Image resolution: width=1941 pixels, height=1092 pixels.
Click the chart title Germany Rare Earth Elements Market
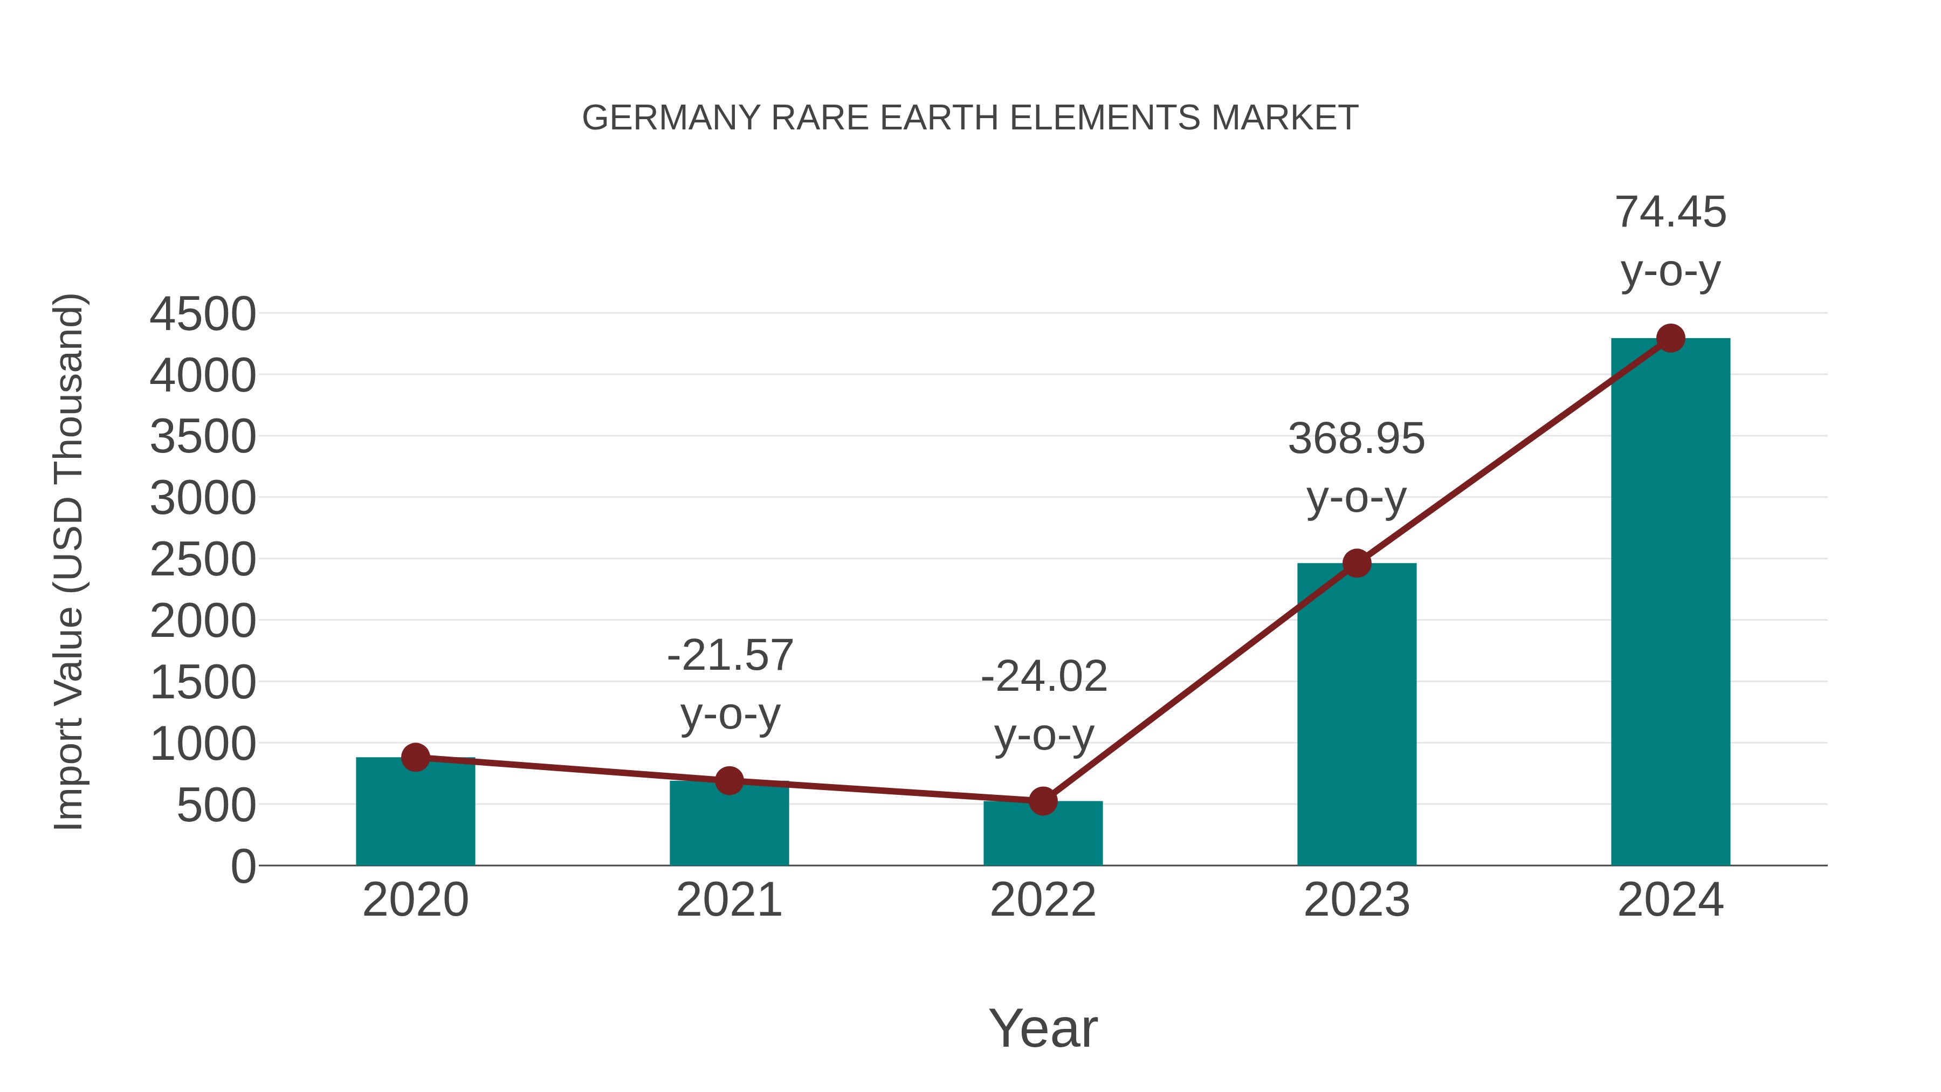(x=970, y=118)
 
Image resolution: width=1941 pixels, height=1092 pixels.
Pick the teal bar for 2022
(x=1042, y=836)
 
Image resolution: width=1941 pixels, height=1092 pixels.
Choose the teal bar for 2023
(x=1357, y=716)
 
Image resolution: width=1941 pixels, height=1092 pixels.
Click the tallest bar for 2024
(x=1670, y=603)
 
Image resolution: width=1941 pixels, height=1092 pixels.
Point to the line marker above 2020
(x=415, y=758)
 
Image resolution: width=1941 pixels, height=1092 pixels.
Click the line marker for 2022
(x=1042, y=801)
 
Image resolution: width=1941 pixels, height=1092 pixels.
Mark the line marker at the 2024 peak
(x=1670, y=338)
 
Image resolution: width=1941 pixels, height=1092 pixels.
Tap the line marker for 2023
(x=1357, y=563)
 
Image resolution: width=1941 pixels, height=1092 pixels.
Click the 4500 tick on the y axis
(x=203, y=314)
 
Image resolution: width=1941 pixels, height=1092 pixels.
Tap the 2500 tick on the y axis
(x=203, y=560)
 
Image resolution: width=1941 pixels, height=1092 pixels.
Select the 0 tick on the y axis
(x=243, y=867)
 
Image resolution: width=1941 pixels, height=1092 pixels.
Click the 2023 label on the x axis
(x=1357, y=900)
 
